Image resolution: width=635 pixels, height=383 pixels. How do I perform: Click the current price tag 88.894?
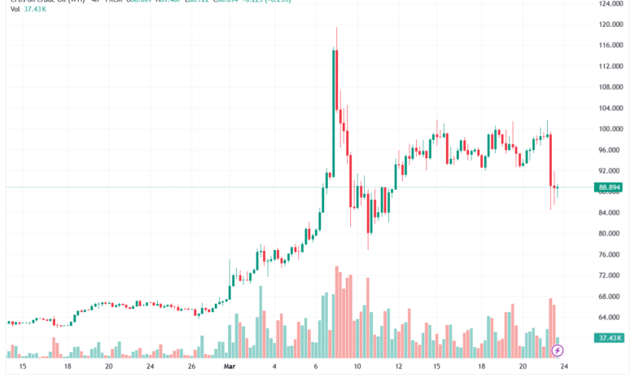[610, 187]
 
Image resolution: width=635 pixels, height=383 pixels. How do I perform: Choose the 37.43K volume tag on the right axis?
[610, 338]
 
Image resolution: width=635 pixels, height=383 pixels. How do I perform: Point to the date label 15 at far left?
[22, 368]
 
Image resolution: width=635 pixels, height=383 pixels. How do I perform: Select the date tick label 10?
[357, 368]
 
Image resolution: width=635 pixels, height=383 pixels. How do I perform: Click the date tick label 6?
[316, 368]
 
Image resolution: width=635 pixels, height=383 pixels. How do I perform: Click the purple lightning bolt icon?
[558, 351]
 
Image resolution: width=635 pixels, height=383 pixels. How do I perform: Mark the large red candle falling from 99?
[551, 160]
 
